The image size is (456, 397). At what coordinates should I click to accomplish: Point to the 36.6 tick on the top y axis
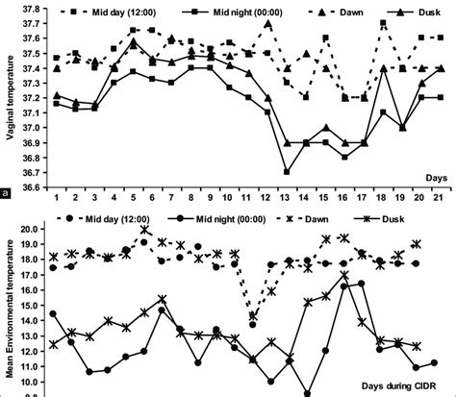tap(32, 187)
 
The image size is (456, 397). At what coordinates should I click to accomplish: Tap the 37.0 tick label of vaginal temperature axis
tap(32, 128)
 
